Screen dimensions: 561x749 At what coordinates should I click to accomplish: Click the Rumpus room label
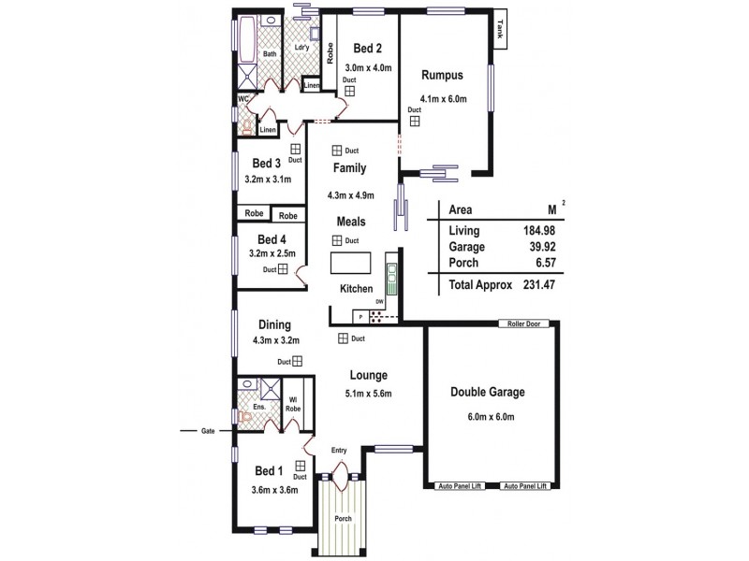[442, 76]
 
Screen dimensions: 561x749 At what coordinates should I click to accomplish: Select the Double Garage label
[487, 392]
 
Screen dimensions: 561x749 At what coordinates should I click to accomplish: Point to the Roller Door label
[523, 324]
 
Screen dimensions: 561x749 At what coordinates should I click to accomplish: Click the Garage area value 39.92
[529, 248]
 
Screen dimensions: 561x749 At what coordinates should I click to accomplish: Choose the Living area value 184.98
[529, 230]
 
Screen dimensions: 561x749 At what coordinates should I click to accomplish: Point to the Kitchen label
[357, 289]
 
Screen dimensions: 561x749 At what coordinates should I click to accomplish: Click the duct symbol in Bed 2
[348, 92]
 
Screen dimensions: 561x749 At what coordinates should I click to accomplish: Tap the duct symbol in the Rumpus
[413, 120]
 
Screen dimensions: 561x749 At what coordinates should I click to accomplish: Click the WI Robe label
[293, 404]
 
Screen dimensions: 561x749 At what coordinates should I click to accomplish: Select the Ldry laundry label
[301, 48]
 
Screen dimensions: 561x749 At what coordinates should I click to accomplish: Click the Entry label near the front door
[339, 451]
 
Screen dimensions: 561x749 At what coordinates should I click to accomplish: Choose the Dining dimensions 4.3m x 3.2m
[275, 341]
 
